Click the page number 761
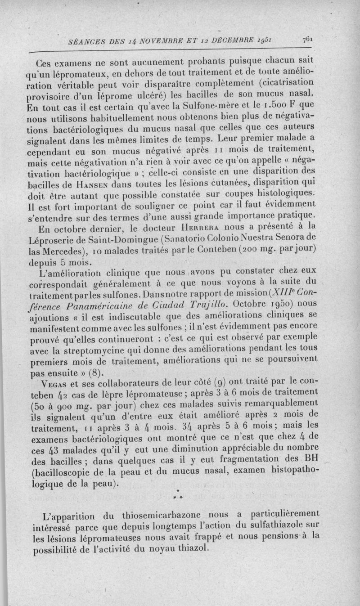coord(308,39)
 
